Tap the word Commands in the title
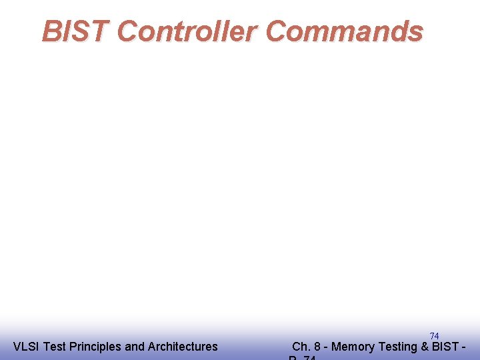344,31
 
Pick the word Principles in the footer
95,347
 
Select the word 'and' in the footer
135,347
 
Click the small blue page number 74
434,336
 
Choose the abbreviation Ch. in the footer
301,347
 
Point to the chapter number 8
317,347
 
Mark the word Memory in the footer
353,347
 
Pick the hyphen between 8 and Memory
326,347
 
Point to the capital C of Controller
129,31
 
